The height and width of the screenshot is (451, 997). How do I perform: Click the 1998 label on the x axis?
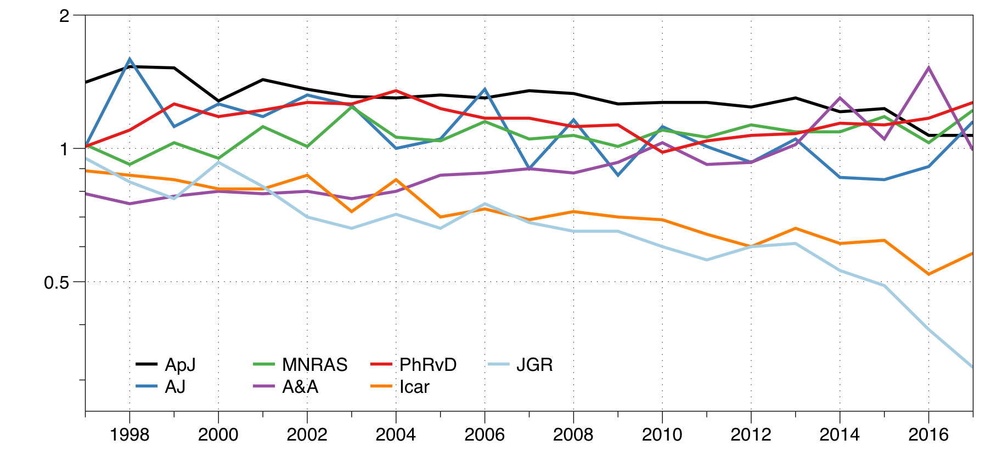129,435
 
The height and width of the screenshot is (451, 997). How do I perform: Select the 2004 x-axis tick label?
396,435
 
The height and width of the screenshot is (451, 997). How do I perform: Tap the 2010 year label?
662,435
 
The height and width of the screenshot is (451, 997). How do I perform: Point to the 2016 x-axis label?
928,435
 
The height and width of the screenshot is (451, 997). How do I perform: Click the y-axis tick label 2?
65,16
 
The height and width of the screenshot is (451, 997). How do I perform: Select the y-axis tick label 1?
65,149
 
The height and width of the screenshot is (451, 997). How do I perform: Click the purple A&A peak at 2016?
928,68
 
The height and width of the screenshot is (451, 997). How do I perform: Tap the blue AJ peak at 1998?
129,59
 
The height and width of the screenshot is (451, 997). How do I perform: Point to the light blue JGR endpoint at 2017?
972,367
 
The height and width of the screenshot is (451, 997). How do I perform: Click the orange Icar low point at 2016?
928,274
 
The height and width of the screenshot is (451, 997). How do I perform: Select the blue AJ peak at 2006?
485,89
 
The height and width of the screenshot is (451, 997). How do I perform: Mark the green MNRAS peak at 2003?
352,107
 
